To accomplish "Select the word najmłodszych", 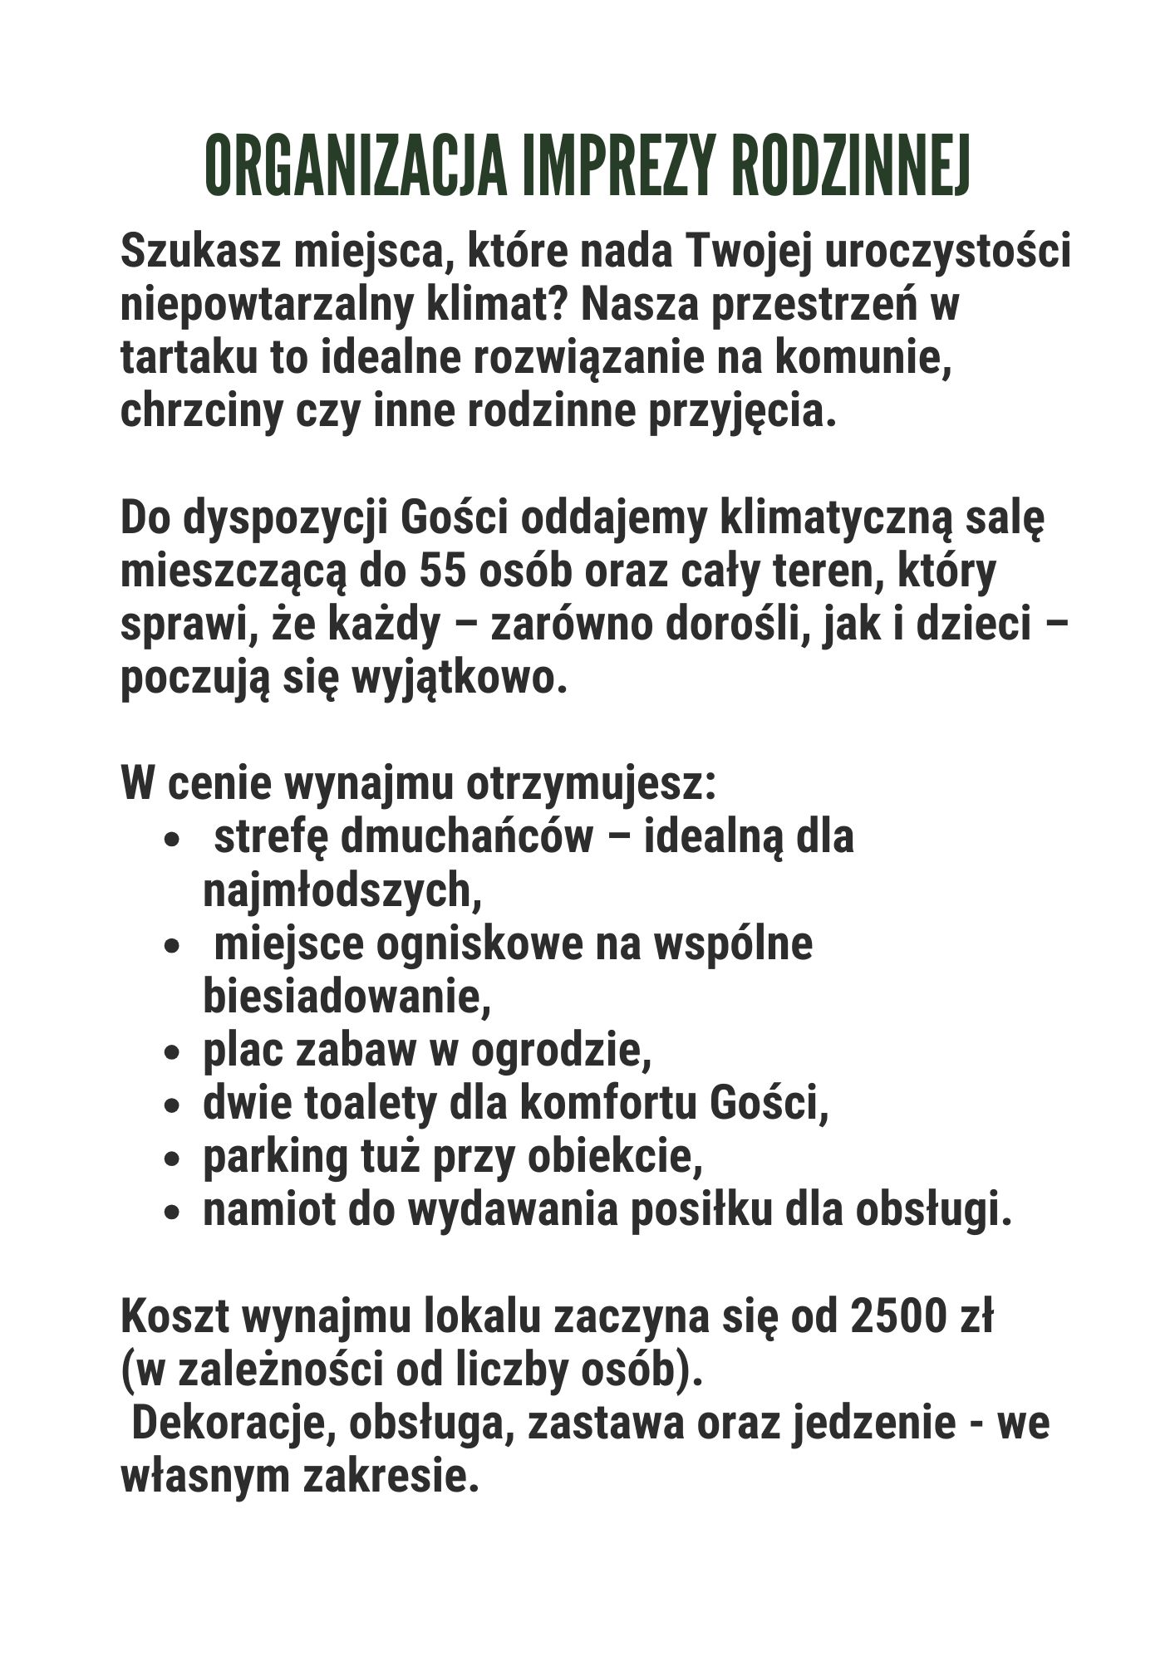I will point(342,891).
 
